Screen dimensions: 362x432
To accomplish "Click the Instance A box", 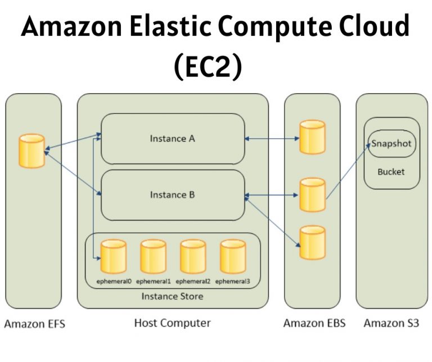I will (172, 138).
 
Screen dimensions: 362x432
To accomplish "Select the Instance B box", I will (172, 195).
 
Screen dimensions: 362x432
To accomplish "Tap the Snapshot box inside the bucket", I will (391, 144).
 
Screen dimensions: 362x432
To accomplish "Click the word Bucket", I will (391, 171).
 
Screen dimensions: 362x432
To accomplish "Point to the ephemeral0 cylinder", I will (113, 256).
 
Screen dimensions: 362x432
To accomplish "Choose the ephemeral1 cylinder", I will (153, 256).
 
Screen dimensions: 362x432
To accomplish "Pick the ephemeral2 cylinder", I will (193, 256).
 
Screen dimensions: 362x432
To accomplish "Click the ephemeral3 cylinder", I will (233, 256).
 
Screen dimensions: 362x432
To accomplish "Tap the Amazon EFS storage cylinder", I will (31, 151).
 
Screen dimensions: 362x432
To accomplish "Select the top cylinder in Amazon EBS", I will (312, 137).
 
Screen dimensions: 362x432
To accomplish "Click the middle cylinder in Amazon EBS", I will (312, 194).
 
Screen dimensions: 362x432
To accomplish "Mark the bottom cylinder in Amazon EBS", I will (312, 243).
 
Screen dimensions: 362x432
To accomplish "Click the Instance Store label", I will (172, 296).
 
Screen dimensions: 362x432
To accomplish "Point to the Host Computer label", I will (172, 323).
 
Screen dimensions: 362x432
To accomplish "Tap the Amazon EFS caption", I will (34, 324).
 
